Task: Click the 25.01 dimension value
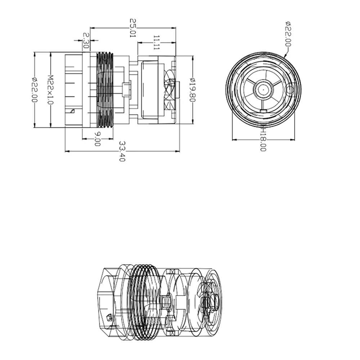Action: [133, 29]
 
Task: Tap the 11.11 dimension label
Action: [156, 42]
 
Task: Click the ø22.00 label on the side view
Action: [34, 90]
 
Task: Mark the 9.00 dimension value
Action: [97, 139]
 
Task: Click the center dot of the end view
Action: [263, 88]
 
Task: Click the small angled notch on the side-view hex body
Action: [72, 111]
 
